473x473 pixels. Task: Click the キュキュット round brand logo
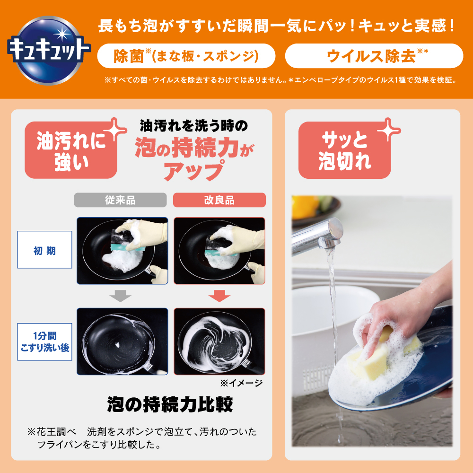click(49, 50)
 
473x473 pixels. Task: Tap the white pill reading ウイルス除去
click(374, 56)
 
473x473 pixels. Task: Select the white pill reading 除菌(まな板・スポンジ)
click(186, 56)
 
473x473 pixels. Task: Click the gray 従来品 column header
click(120, 200)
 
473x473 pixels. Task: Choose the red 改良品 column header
click(219, 200)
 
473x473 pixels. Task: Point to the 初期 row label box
click(44, 249)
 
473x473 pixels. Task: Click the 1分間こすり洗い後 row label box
click(44, 342)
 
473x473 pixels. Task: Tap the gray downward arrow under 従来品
click(120, 296)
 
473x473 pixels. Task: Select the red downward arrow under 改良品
click(219, 296)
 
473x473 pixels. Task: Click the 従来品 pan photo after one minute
click(122, 342)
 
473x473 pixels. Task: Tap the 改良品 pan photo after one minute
click(219, 342)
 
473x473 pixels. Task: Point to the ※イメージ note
click(241, 383)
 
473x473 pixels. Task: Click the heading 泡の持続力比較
click(170, 404)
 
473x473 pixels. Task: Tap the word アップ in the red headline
click(193, 170)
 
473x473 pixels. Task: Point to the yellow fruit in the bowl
click(305, 207)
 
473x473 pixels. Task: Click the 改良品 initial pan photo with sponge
click(219, 251)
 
